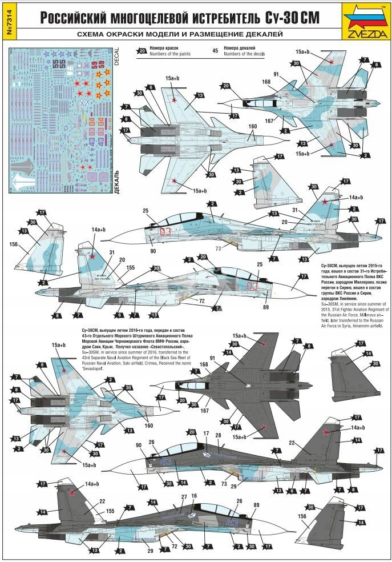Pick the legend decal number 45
click(215, 50)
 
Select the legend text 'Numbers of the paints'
click(171, 55)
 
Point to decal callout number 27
click(183, 497)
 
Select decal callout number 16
click(194, 496)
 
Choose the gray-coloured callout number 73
click(218, 248)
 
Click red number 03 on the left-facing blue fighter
click(165, 231)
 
